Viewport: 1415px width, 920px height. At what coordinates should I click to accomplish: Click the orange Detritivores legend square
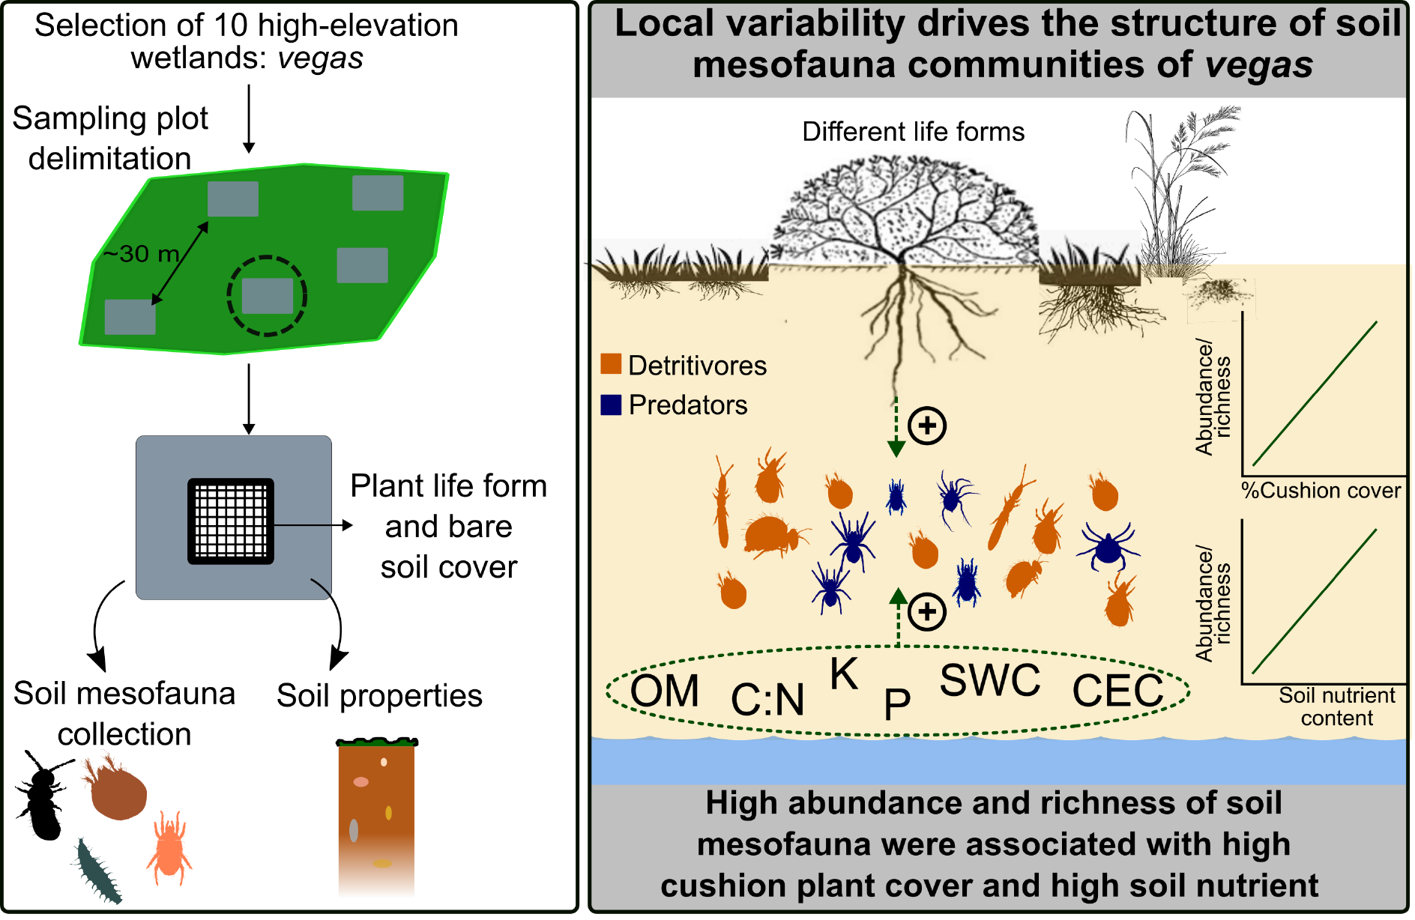[x=611, y=364]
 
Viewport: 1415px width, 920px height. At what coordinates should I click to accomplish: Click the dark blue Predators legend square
[x=611, y=405]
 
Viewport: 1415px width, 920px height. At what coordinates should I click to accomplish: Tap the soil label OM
[x=664, y=691]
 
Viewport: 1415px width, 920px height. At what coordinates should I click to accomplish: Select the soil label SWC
[x=990, y=680]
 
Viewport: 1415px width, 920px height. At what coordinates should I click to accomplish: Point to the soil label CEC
[x=1117, y=691]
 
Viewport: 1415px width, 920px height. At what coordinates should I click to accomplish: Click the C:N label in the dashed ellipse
[x=767, y=700]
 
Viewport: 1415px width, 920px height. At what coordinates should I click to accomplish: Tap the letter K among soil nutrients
[x=844, y=674]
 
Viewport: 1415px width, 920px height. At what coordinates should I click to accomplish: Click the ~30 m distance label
[x=141, y=254]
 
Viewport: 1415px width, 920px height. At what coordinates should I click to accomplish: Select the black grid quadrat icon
[x=231, y=521]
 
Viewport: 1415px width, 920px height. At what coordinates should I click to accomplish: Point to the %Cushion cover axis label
[x=1321, y=491]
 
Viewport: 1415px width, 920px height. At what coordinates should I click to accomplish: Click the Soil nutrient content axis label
[x=1336, y=706]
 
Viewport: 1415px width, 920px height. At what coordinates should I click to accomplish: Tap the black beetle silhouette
[x=42, y=796]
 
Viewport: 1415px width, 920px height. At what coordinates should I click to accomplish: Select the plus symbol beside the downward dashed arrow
[x=927, y=426]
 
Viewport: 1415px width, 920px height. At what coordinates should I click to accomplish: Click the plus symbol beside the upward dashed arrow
[x=927, y=612]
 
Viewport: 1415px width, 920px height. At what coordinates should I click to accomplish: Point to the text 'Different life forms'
[x=913, y=132]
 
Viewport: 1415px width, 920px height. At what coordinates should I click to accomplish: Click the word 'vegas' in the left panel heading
[x=320, y=58]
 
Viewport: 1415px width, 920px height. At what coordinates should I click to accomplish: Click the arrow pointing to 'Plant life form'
[x=313, y=525]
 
